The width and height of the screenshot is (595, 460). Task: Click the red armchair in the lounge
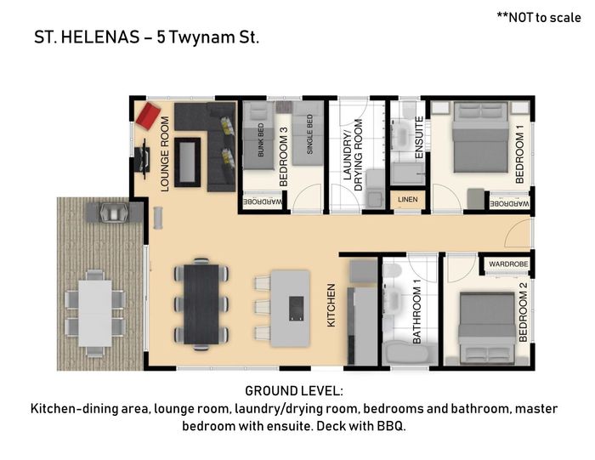tap(148, 116)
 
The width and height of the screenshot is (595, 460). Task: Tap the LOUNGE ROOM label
tap(165, 154)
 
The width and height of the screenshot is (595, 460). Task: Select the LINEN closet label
tap(407, 200)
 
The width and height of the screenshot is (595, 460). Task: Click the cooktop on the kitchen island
tap(296, 309)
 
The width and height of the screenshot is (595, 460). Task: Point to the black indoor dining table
tap(201, 304)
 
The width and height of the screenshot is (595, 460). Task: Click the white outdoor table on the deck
tap(95, 313)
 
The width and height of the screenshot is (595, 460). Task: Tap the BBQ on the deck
tap(114, 212)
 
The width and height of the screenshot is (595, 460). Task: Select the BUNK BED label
tap(261, 140)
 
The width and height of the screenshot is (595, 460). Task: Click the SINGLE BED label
tap(309, 134)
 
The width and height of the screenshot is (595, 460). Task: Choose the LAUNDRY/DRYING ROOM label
tap(353, 155)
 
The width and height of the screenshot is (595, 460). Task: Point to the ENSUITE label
tap(419, 138)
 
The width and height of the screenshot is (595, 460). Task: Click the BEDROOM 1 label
tap(519, 154)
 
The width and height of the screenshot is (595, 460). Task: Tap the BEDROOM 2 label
tap(523, 312)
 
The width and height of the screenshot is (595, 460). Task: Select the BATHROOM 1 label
tap(416, 315)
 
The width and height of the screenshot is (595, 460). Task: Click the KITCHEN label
tap(331, 305)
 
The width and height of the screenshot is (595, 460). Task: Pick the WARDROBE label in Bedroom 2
tap(508, 264)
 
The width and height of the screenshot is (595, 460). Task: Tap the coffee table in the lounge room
tap(188, 162)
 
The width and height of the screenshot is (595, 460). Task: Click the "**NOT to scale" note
tap(539, 18)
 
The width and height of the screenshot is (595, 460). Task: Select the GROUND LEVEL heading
tap(294, 391)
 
